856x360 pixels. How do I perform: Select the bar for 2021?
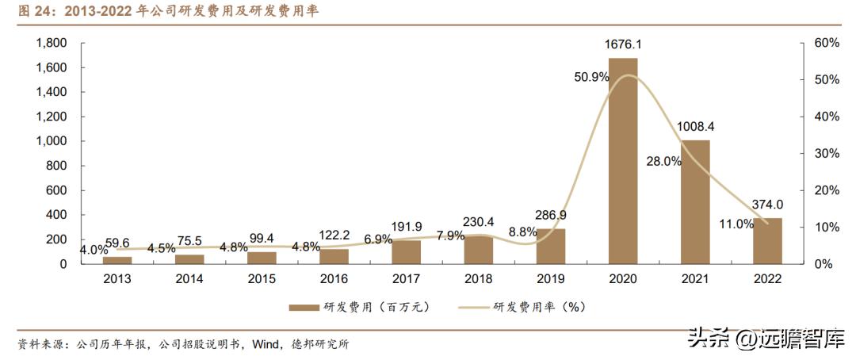pos(694,201)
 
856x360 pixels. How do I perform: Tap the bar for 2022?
pos(767,240)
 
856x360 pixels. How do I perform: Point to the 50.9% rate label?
pos(591,77)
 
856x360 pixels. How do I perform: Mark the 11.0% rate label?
pos(736,224)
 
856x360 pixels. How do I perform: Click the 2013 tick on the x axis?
pos(117,279)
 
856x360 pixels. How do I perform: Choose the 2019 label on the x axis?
pos(550,279)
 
